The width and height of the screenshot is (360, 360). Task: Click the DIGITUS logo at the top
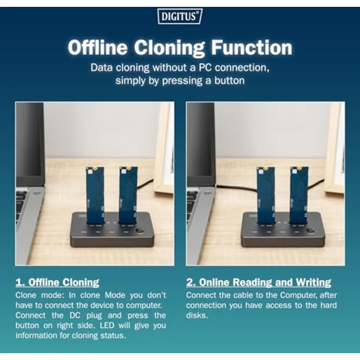click(x=180, y=16)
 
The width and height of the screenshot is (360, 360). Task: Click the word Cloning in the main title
click(x=169, y=47)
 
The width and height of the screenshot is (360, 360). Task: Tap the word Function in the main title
click(x=251, y=47)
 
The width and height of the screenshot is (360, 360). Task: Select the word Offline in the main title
click(x=97, y=47)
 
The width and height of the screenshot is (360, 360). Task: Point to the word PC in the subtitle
click(x=206, y=67)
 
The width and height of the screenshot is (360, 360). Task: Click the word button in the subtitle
click(x=229, y=81)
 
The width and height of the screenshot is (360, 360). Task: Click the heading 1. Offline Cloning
click(x=57, y=282)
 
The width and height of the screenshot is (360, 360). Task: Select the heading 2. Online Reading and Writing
click(x=259, y=282)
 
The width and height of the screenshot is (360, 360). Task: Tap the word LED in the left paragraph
click(x=107, y=325)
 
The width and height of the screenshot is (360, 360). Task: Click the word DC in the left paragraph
click(x=75, y=315)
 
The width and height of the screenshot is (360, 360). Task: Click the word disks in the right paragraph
click(x=197, y=315)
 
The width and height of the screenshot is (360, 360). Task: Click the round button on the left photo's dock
click(x=139, y=231)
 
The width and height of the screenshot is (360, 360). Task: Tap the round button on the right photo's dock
click(x=311, y=231)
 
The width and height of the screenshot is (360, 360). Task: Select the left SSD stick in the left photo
click(x=95, y=195)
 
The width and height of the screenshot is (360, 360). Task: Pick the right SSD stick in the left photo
click(x=128, y=195)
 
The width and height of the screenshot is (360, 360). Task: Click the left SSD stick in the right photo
click(x=266, y=195)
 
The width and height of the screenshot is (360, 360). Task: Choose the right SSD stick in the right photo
click(x=299, y=195)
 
